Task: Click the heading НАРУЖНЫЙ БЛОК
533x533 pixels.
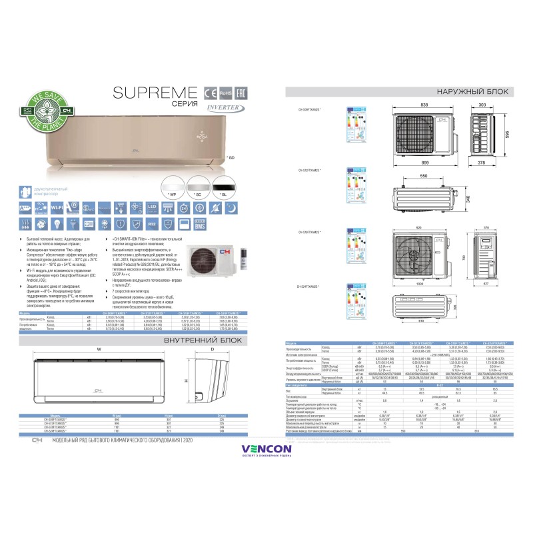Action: pos(473,92)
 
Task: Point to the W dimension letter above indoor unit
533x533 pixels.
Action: pos(99,349)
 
